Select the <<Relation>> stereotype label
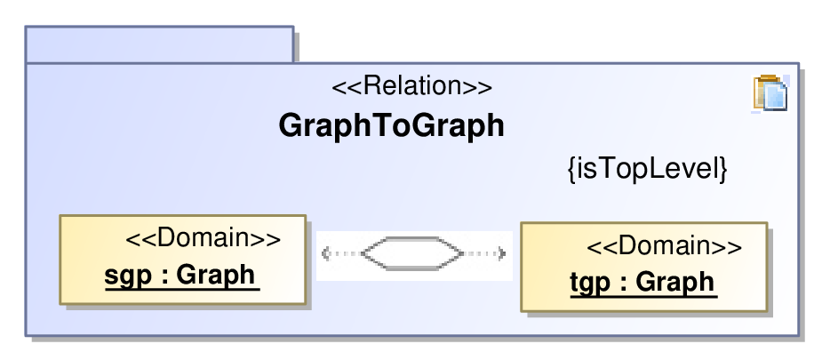pos(412,86)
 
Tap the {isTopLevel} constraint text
pos(648,169)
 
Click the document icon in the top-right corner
pos(770,93)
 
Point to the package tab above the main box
pos(159,44)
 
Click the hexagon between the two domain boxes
pos(412,253)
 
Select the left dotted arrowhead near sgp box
pos(325,254)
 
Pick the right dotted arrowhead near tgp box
pos(502,254)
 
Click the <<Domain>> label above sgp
pos(204,239)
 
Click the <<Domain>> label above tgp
pos(664,246)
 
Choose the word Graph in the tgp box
pos(675,283)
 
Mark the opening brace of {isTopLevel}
pos(572,170)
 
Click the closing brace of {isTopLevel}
pos(723,170)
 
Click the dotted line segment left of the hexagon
pos(347,254)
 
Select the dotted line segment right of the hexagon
pos(480,254)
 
